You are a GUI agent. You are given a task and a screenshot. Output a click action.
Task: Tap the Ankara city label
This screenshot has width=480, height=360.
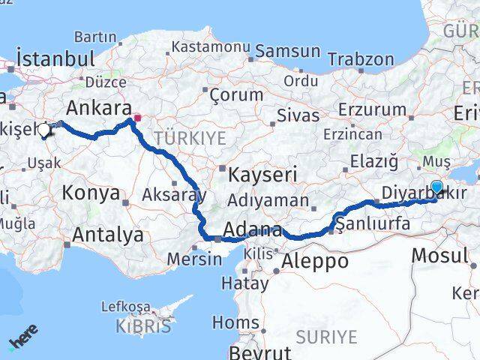[x=100, y=106]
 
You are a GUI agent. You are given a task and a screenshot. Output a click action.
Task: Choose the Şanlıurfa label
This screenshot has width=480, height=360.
[x=373, y=223]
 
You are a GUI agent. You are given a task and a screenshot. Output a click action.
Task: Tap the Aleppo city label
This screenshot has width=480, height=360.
[x=315, y=261]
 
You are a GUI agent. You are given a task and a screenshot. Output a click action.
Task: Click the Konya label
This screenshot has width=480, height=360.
[x=91, y=193]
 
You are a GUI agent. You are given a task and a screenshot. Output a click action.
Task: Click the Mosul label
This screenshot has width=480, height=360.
[x=439, y=255]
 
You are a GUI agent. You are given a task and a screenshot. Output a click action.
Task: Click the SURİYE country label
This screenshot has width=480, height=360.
[x=326, y=337]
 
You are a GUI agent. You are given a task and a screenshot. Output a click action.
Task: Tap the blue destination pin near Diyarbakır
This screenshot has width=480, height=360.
[x=437, y=188]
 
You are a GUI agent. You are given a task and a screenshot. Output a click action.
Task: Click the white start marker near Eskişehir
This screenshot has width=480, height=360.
[x=44, y=130]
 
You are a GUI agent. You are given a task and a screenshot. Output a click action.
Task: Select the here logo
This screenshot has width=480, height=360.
[x=23, y=342]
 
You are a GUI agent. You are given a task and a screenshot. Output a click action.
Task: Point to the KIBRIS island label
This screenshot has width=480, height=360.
[x=143, y=326]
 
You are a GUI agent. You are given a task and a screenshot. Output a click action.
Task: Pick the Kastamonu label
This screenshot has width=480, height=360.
[x=211, y=46]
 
